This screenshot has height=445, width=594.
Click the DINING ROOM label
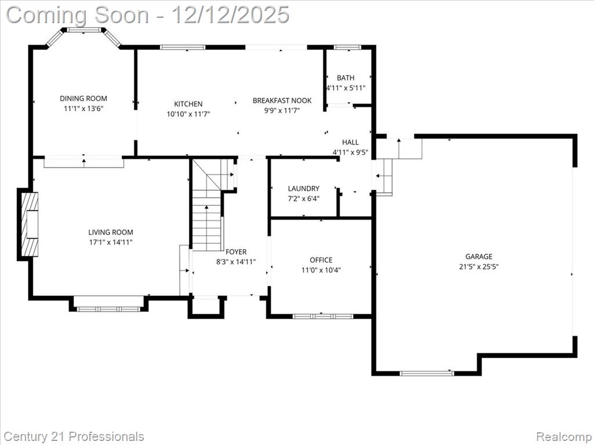click(x=84, y=99)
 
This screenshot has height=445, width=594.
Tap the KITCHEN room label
click(x=189, y=104)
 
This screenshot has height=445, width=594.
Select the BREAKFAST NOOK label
click(x=282, y=100)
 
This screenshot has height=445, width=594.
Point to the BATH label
click(x=346, y=78)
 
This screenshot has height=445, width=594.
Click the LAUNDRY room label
click(x=304, y=188)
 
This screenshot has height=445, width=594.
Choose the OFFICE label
click(x=321, y=260)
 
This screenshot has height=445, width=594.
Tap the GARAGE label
click(x=479, y=256)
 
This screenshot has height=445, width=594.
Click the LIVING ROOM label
click(x=111, y=232)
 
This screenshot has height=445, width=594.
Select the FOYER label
click(x=236, y=251)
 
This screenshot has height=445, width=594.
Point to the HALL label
click(x=350, y=143)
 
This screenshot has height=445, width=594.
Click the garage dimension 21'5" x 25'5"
click(x=479, y=267)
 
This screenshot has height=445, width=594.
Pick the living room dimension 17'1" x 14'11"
click(x=111, y=242)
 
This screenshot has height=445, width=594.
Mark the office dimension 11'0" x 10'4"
click(x=321, y=270)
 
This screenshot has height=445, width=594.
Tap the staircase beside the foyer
click(x=207, y=212)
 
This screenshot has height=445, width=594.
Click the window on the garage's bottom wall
click(x=427, y=373)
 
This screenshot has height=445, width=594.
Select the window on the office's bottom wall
click(x=323, y=316)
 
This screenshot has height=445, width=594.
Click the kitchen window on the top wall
click(x=183, y=48)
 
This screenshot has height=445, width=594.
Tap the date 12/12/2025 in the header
click(x=231, y=15)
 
